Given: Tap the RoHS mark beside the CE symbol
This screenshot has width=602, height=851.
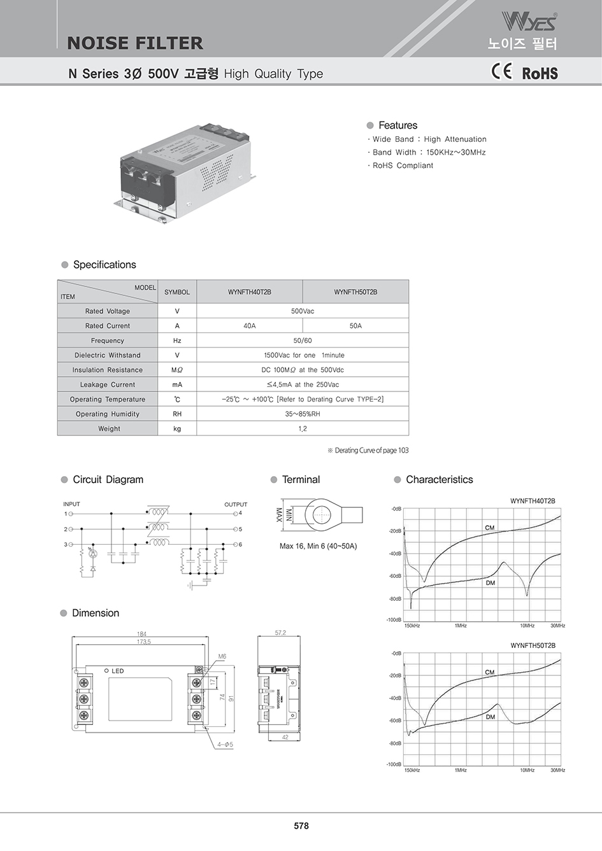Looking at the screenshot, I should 540,73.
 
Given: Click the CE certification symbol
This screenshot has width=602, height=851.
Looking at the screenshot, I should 501,71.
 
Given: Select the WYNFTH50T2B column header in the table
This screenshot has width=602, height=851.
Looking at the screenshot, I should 355,292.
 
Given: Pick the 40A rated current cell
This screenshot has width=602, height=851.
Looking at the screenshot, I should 249,326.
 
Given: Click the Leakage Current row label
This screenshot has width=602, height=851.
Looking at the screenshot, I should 108,384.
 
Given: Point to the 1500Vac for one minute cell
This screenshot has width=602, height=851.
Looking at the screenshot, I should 303,355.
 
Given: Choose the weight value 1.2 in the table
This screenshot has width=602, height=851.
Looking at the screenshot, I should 303,429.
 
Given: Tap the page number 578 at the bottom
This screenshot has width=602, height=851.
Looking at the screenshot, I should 301,826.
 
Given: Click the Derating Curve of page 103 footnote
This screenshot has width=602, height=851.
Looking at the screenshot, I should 368,451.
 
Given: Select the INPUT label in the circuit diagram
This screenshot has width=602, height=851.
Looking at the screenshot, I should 71,504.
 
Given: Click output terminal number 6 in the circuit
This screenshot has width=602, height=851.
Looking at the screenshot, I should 240,545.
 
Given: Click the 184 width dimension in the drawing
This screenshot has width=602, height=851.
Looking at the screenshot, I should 142,634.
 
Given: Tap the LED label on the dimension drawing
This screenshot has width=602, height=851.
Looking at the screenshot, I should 118,671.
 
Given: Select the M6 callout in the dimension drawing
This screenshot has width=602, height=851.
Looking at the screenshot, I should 222,656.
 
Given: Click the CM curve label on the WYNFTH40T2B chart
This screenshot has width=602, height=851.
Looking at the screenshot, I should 489,528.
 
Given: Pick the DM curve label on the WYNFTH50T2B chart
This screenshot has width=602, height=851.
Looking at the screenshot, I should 490,717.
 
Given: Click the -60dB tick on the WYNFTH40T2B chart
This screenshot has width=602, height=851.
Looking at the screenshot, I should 395,576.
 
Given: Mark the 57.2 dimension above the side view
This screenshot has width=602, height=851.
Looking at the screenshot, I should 280,633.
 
